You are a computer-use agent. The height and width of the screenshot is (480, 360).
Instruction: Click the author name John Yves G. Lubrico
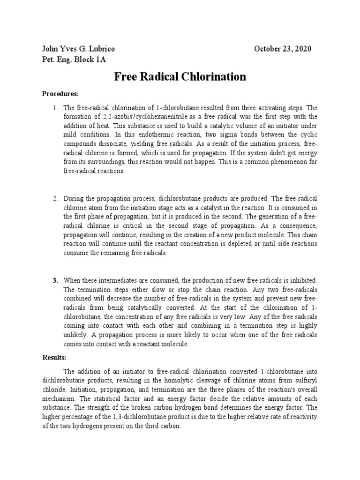78,49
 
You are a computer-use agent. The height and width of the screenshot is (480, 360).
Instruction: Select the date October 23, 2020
282,49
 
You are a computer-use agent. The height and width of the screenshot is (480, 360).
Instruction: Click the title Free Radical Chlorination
180,77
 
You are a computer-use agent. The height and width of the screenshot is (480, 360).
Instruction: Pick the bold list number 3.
55,280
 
